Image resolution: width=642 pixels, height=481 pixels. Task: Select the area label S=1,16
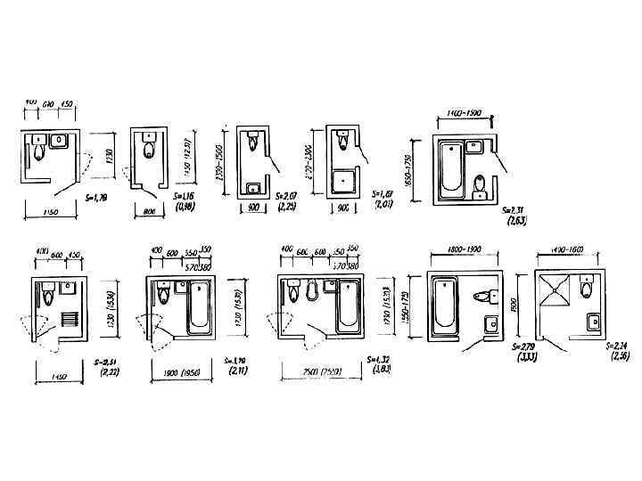tap(185, 196)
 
